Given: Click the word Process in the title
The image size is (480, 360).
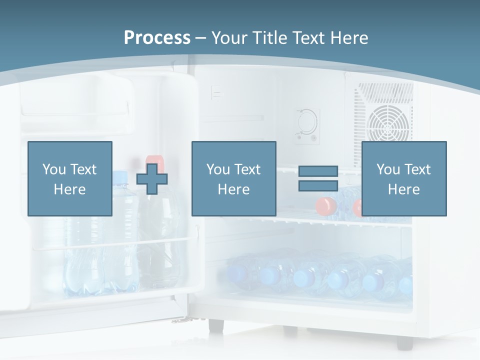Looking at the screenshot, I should point(157,38).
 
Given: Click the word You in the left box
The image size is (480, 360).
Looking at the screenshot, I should point(53,169).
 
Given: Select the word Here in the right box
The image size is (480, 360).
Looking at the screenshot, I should point(403,189).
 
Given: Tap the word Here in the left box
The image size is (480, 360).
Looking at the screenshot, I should point(69,189).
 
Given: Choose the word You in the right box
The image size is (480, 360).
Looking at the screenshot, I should point(387,169).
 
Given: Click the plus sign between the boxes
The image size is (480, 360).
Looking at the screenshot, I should point(152,178).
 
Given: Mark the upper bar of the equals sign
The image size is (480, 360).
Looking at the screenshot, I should point(318,171).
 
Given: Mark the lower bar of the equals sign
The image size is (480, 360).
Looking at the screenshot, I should point(318,186).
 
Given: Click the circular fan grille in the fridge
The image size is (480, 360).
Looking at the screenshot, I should point(388,124).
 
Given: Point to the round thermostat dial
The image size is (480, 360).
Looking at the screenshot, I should point(305,120).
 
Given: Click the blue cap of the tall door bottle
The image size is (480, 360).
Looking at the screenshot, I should point(120,176).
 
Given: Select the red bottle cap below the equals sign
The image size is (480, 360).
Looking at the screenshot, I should point(325,205).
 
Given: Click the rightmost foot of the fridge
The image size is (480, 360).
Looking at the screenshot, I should point(404,342).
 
